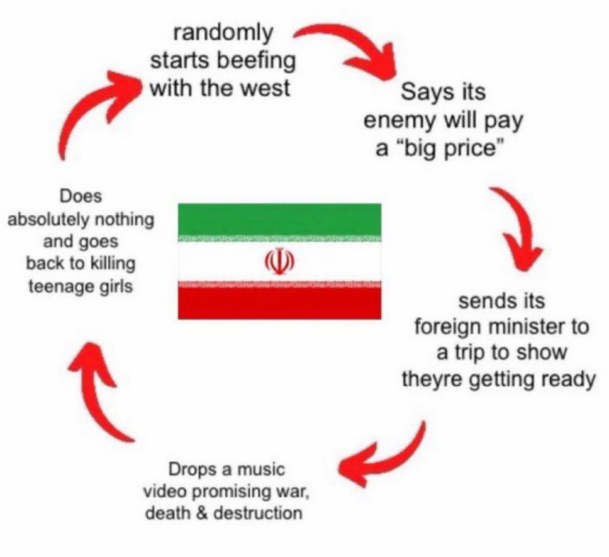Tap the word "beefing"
[259, 61]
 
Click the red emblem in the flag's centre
[279, 261]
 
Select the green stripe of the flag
[279, 220]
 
